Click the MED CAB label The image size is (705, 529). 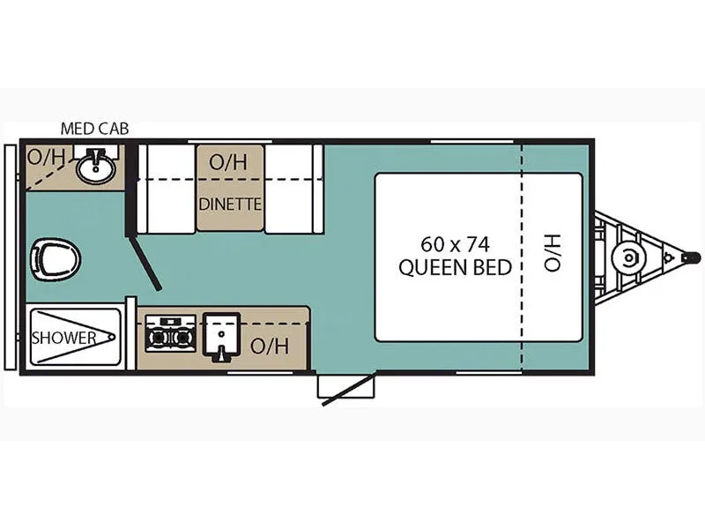[x=94, y=129]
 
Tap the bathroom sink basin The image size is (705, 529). [x=95, y=167]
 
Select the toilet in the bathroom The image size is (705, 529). [x=55, y=260]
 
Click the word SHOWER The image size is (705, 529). [x=63, y=338]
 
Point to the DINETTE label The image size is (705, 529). [x=230, y=204]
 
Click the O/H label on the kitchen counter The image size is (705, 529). [x=269, y=346]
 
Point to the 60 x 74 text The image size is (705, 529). [x=455, y=243]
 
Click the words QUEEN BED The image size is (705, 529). [x=455, y=268]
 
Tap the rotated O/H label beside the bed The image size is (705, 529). [x=552, y=253]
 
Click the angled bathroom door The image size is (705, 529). [x=146, y=264]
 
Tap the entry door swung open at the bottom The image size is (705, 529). [x=349, y=390]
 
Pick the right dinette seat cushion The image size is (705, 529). [x=293, y=189]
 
